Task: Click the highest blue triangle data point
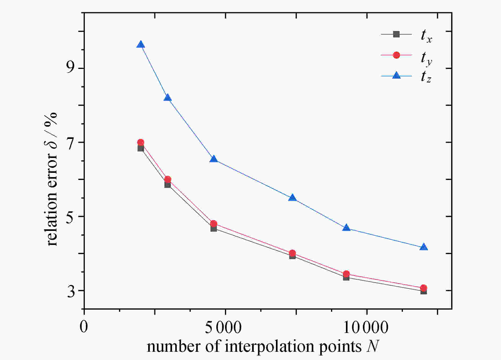140,45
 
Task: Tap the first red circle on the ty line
140,142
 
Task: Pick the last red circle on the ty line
424,288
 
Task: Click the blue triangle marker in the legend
396,76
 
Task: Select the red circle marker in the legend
396,55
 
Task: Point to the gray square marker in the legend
396,34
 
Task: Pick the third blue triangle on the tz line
214,159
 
